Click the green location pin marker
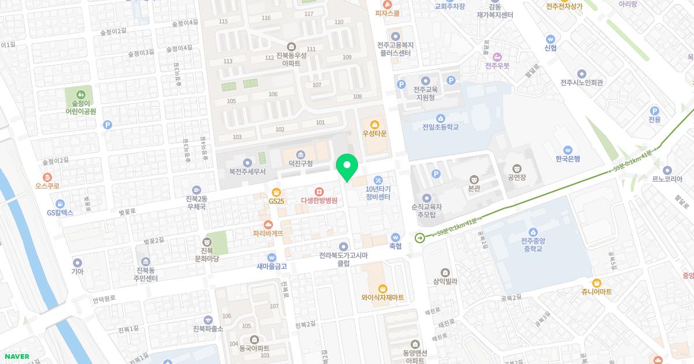pyautogui.click(x=347, y=166)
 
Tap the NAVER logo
pyautogui.click(x=16, y=356)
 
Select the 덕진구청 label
pyautogui.click(x=300, y=164)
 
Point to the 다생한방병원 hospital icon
pyautogui.click(x=319, y=191)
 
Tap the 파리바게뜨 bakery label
pyautogui.click(x=268, y=233)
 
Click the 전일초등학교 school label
pyautogui.click(x=441, y=127)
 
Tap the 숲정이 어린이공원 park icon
pyautogui.click(x=81, y=93)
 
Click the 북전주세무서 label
pyautogui.click(x=247, y=172)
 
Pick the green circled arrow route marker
pyautogui.click(x=419, y=237)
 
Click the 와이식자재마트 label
pyautogui.click(x=382, y=298)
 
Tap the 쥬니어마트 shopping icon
pyautogui.click(x=596, y=283)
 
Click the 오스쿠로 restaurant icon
pyautogui.click(x=47, y=177)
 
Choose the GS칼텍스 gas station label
pyautogui.click(x=60, y=212)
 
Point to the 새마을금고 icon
pyautogui.click(x=271, y=257)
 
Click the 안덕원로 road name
pyautogui.click(x=104, y=299)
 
